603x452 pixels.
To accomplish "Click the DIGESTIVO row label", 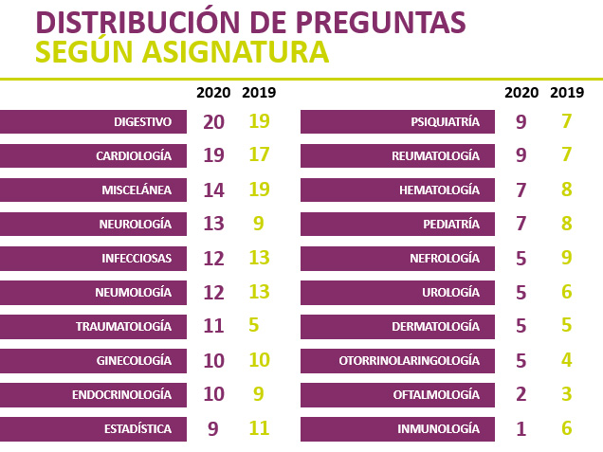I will tap(142, 122).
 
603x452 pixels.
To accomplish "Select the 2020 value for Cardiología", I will tap(213, 156).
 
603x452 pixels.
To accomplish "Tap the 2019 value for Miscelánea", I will tap(260, 190).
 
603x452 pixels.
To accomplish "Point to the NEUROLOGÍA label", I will tap(136, 225).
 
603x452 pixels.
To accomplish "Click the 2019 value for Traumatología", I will tap(253, 326).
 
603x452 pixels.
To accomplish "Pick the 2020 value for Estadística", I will tap(213, 428).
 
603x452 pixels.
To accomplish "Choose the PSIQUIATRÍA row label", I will tap(445, 122).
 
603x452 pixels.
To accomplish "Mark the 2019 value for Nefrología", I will tap(567, 258).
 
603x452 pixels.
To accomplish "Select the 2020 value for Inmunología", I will tap(521, 428).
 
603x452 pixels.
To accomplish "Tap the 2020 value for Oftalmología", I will tap(521, 394).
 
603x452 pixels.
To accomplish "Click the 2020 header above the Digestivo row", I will tap(213, 93).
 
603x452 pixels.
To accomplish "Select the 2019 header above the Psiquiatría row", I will tap(567, 93).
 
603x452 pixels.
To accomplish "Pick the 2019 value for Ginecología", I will tap(260, 360).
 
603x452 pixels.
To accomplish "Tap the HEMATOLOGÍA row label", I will tap(439, 190).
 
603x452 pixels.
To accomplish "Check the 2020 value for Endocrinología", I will tap(213, 394).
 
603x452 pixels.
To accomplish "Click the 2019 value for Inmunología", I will tap(567, 428).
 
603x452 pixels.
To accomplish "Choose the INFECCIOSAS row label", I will tap(137, 258).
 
